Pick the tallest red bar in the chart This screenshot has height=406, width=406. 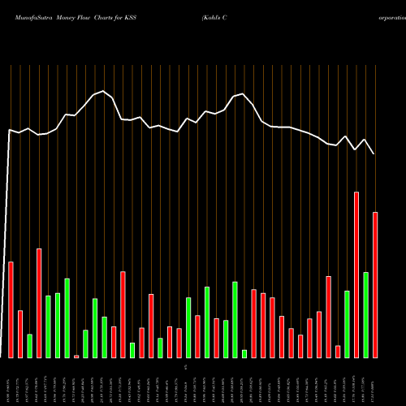click(x=356, y=274)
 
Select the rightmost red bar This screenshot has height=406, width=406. click(x=375, y=284)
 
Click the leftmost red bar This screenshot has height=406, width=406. click(x=11, y=309)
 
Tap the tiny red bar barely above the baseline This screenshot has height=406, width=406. click(x=76, y=356)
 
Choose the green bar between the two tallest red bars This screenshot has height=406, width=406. click(x=365, y=314)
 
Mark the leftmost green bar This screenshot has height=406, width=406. click(x=29, y=345)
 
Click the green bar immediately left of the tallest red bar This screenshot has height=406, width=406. click(x=347, y=323)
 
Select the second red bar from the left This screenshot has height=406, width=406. click(x=20, y=334)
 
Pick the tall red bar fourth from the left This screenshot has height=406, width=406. click(x=39, y=303)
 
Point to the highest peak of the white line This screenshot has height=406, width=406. click(x=102, y=91)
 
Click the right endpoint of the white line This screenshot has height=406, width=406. click(x=374, y=153)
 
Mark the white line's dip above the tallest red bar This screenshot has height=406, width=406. click(x=356, y=149)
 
